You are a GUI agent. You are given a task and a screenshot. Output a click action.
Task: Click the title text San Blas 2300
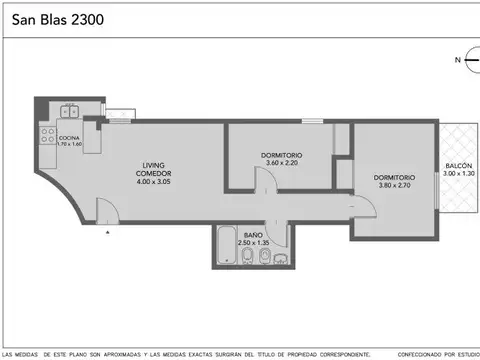click(55, 19)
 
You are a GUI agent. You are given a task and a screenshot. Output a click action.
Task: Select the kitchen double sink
click(70, 112)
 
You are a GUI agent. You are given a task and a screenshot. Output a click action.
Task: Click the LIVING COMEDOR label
click(153, 168)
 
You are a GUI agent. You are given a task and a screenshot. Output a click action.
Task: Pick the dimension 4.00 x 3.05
click(153, 181)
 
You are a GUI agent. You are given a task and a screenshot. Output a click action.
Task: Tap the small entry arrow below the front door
click(108, 231)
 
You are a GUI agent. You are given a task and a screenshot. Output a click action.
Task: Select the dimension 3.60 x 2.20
click(281, 164)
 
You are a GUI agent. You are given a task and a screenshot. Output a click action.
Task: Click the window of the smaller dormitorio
click(313, 121)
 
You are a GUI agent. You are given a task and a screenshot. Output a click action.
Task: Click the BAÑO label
click(254, 234)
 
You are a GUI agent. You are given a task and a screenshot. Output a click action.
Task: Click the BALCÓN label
click(459, 165)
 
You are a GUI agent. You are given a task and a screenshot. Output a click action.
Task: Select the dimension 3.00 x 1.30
click(459, 174)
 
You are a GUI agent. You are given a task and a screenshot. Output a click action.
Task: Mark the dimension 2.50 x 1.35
click(254, 243)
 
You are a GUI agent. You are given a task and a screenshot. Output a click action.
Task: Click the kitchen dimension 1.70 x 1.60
click(69, 145)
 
